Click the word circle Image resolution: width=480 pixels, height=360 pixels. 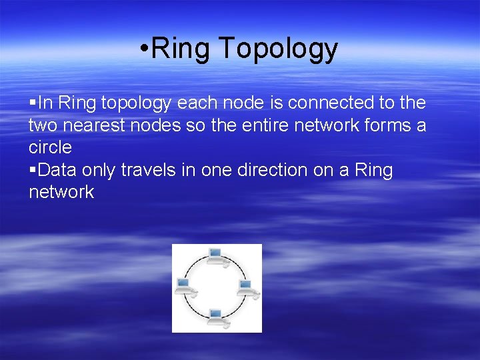[50, 147]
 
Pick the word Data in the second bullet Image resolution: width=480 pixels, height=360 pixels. [57, 170]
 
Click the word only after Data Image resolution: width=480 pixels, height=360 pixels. [98, 170]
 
